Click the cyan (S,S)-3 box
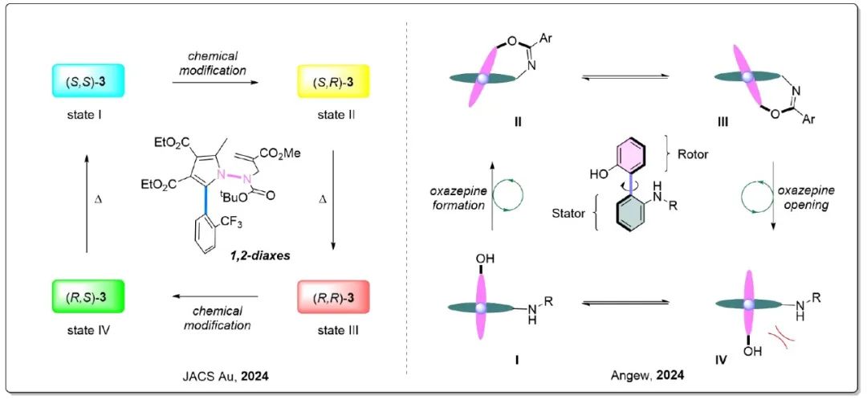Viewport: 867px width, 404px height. coord(88,81)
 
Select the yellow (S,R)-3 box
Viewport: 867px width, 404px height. coord(333,81)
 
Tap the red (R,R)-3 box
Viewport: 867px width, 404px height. coord(333,297)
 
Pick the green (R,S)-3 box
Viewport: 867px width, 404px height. coord(88,297)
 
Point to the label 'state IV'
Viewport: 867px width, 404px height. coord(88,331)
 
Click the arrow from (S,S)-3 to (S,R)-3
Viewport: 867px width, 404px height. coord(216,82)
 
